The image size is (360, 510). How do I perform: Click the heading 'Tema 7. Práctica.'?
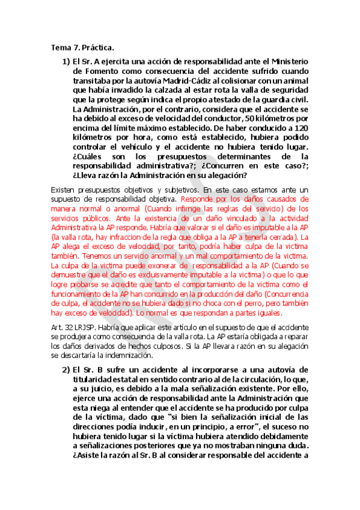click(x=82, y=47)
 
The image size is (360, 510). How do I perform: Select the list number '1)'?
click(x=66, y=61)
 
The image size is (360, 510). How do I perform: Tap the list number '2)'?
click(x=66, y=369)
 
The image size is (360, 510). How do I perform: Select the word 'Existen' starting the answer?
click(x=64, y=189)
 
